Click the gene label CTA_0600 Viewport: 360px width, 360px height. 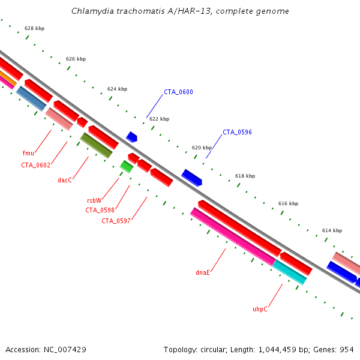tap(178, 92)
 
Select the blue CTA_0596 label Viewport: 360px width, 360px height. tap(237, 133)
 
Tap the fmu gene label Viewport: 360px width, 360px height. tap(28, 154)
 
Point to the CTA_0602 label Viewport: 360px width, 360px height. tap(35, 165)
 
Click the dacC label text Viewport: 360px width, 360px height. tap(65, 180)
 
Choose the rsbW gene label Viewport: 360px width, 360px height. tap(94, 200)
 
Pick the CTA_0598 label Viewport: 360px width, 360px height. tap(100, 210)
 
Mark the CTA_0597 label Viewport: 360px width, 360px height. tap(116, 221)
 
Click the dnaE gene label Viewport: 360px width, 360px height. tap(203, 272)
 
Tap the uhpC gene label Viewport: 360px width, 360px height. tap(260, 309)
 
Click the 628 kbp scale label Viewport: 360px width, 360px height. tap(34, 29)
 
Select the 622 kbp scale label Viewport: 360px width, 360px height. tap(159, 119)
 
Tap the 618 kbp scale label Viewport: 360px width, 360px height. tap(245, 176)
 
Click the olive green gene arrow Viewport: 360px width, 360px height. tap(96, 145)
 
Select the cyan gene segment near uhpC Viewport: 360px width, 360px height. tap(290, 272)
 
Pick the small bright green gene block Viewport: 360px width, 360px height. tap(126, 166)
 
